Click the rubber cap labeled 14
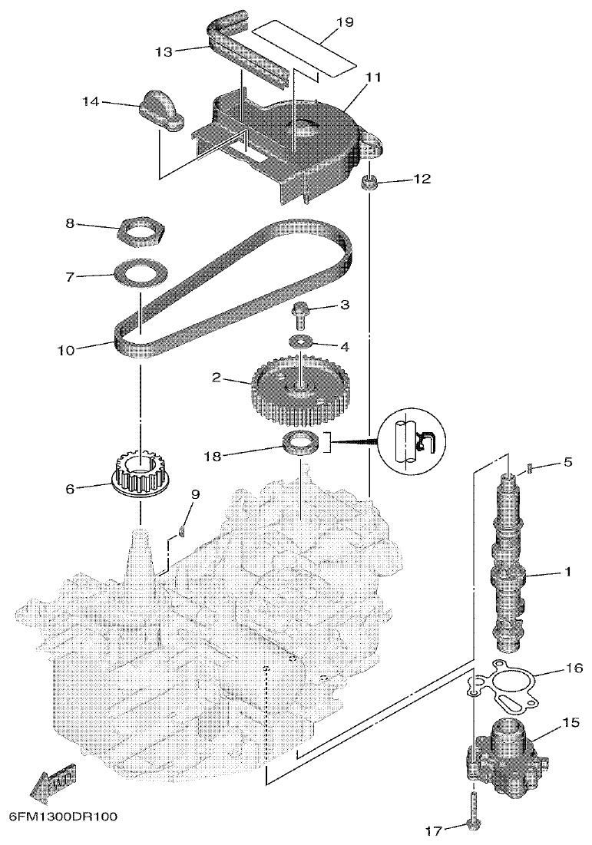tap(160, 113)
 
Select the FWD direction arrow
tap(52, 782)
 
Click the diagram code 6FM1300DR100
tap(64, 817)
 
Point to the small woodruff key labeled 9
tap(183, 529)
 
